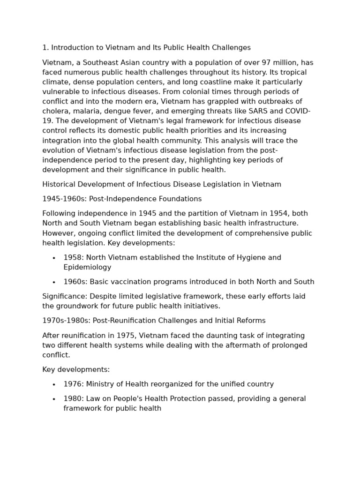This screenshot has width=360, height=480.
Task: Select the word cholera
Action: (x=55, y=111)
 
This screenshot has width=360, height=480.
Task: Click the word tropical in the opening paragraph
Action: (x=294, y=73)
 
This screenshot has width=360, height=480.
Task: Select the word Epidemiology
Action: (x=87, y=267)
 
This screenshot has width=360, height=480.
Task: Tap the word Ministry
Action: (x=104, y=384)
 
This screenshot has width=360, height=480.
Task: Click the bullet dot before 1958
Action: (x=54, y=258)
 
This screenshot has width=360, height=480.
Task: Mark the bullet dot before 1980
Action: (x=54, y=399)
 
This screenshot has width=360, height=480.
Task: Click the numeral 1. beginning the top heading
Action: (x=45, y=48)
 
